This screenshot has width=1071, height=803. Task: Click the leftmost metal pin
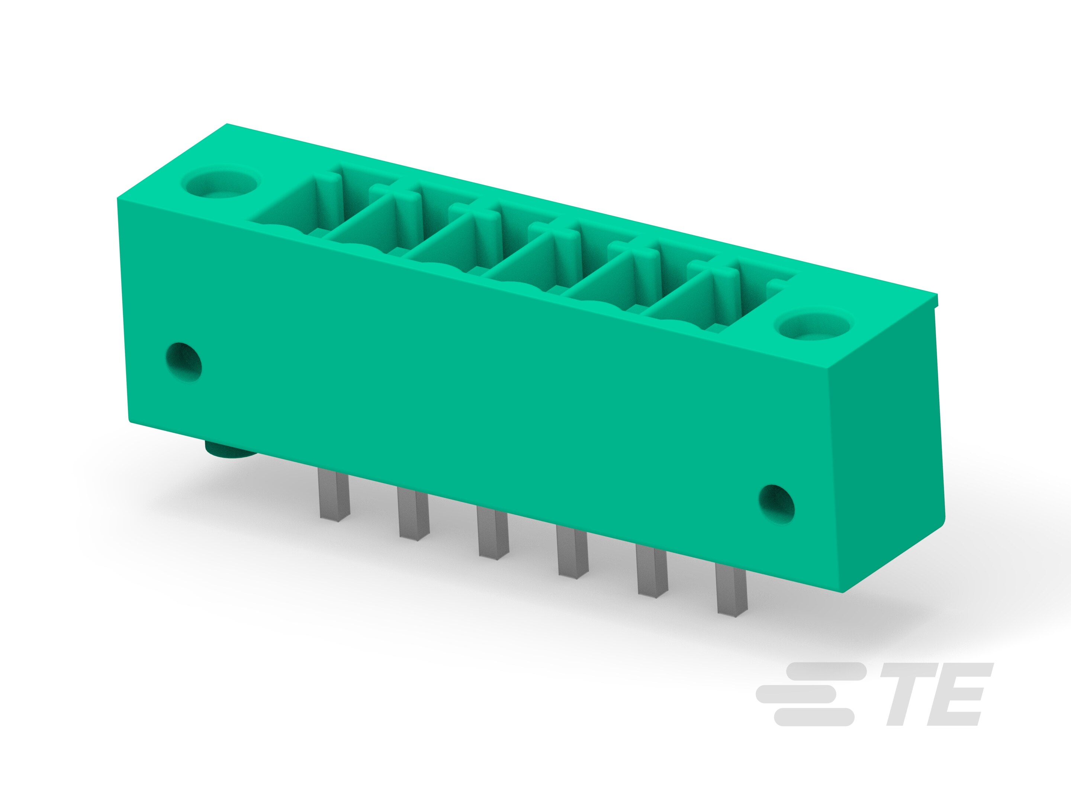click(x=334, y=494)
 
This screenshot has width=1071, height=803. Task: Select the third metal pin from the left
click(x=492, y=532)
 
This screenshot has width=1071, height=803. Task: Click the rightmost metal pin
click(x=731, y=590)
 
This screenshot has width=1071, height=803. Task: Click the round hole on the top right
click(x=813, y=325)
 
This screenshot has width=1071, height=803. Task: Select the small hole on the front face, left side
click(x=184, y=362)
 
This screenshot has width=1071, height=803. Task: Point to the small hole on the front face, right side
click(x=776, y=504)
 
